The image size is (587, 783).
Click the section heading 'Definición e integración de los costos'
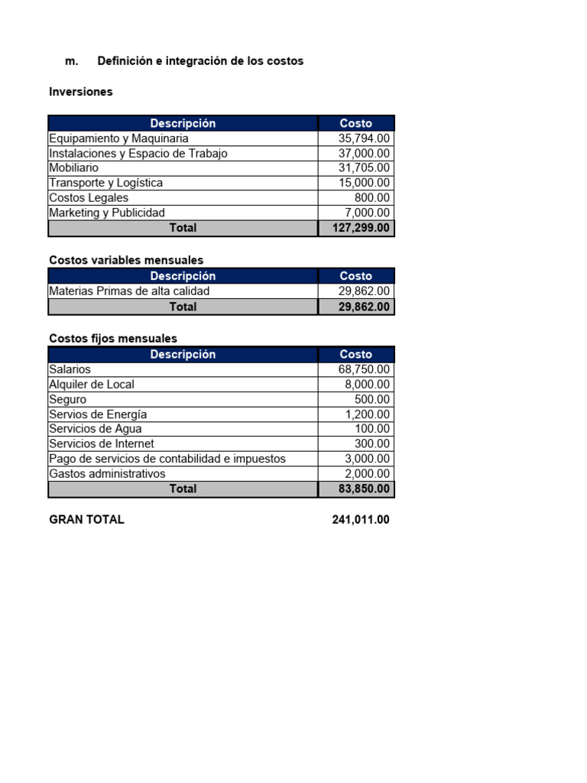tap(200, 61)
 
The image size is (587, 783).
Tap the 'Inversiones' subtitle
tap(81, 92)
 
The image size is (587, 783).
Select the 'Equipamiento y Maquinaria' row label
tap(118, 138)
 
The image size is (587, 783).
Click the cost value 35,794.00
tap(364, 138)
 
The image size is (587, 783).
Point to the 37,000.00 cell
tap(364, 153)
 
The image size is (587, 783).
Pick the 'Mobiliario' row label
tap(74, 167)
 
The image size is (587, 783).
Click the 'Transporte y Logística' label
tap(105, 183)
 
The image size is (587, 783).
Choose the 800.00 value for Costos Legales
tap(372, 197)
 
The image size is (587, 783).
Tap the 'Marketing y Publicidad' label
tap(107, 213)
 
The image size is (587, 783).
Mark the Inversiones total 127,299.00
tap(361, 228)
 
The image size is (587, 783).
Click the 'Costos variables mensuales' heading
tap(126, 261)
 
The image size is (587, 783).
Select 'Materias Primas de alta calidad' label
tap(129, 291)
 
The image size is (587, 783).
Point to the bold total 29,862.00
tap(364, 307)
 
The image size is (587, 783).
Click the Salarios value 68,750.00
tap(364, 369)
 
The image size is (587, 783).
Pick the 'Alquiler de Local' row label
tap(92, 385)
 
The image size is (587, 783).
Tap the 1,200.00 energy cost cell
tap(367, 414)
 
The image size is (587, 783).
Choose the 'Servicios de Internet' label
tap(102, 443)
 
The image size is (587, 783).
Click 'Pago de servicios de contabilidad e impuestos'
tap(167, 459)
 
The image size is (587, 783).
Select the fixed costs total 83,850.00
tap(364, 489)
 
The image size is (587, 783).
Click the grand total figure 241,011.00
tap(361, 520)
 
